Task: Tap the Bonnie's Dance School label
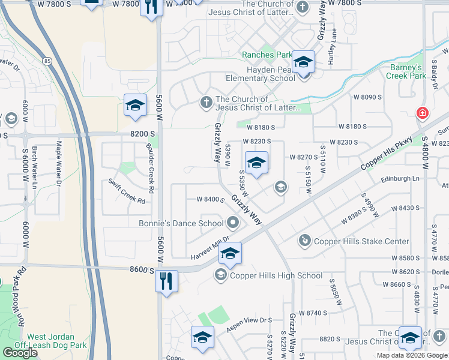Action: click(190, 223)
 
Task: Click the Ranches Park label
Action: click(267, 55)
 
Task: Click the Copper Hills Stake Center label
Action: click(354, 241)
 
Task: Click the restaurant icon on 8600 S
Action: click(167, 280)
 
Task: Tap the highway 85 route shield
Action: click(46, 61)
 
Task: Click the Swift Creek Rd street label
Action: click(127, 191)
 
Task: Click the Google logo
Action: click(20, 353)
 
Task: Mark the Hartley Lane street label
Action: click(334, 46)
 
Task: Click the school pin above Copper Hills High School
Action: click(229, 254)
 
